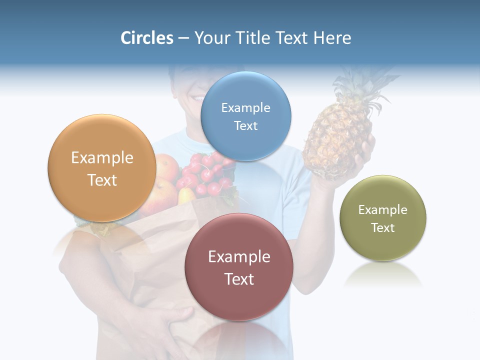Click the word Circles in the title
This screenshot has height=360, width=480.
point(146,38)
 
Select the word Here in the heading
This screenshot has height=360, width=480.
point(332,38)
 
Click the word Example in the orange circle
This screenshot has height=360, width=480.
point(102,158)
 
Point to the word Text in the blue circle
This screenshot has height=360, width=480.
point(245,126)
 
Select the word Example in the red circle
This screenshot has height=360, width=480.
point(239,257)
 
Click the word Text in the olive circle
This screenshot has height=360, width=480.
point(382,228)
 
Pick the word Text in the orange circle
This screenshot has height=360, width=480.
point(102,180)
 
